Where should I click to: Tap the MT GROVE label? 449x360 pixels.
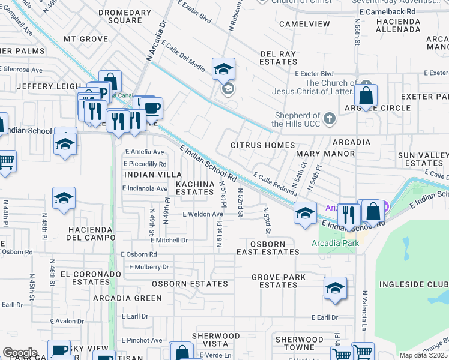coord(86,39)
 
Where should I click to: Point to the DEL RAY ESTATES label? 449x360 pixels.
coord(279,58)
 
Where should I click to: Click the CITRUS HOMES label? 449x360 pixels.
coord(263,145)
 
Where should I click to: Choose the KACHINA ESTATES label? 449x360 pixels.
coord(194,187)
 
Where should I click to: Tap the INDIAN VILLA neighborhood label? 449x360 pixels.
coord(144,174)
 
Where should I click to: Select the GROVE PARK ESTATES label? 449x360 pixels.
coord(278,281)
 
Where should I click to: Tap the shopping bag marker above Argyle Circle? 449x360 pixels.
coord(366,95)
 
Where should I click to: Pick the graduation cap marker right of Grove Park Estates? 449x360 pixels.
coord(335,288)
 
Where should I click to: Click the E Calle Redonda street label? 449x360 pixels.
coord(275,184)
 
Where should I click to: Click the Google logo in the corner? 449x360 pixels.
coord(19,352)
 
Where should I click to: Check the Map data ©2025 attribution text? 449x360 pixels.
coord(423,355)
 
